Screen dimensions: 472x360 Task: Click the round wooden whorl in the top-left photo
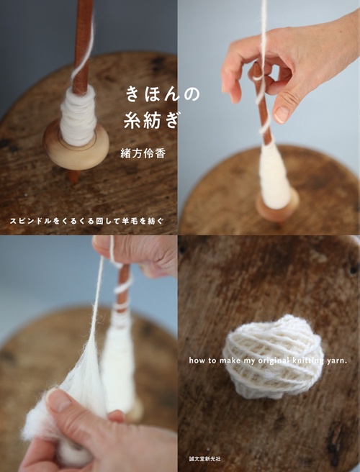coord(76,147)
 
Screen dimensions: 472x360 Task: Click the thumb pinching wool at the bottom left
coord(68,407)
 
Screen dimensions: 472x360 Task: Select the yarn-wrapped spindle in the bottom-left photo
coord(120,360)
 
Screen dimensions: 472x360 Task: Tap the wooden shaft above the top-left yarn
coord(84,43)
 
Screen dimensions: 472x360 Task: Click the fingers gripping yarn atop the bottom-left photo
coord(137,252)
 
